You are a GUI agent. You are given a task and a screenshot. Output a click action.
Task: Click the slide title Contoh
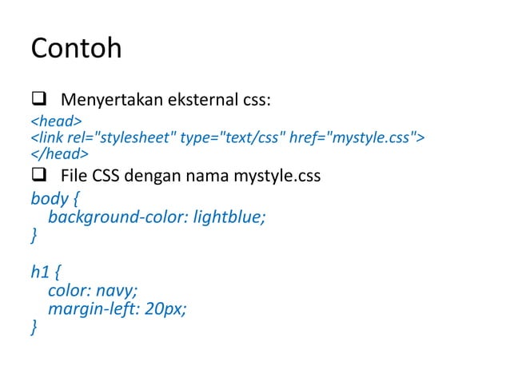(76, 49)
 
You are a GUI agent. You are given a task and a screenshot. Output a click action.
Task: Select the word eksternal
(201, 101)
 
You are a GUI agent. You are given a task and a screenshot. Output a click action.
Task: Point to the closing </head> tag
(59, 153)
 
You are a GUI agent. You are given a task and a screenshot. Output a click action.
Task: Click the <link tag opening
(44, 137)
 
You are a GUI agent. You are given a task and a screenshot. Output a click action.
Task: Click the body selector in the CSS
(48, 197)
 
